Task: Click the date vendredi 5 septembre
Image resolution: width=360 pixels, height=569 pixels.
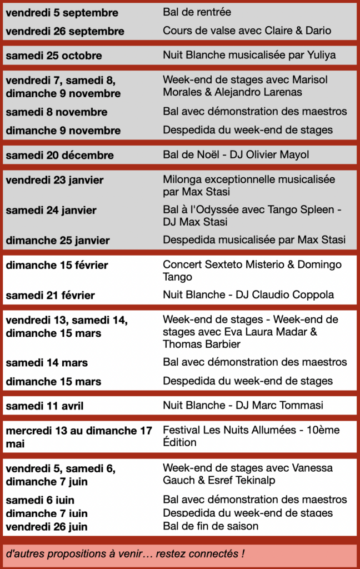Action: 62,13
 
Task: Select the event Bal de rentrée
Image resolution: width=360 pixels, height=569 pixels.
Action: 197,12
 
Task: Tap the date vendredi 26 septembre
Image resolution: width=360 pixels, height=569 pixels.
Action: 65,32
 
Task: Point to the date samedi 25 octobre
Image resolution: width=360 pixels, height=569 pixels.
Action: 54,56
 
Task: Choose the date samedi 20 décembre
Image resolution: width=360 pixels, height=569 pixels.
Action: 59,156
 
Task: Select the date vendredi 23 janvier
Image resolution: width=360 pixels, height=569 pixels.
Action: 54,180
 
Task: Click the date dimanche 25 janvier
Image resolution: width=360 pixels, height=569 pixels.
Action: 58,241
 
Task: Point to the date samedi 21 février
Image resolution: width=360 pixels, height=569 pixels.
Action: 50,296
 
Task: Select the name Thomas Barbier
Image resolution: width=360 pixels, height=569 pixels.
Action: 202,344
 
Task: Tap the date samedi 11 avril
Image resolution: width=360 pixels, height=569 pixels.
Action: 44,406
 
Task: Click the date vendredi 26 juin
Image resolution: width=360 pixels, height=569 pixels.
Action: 47,527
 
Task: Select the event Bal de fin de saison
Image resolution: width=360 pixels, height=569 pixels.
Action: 211,526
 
